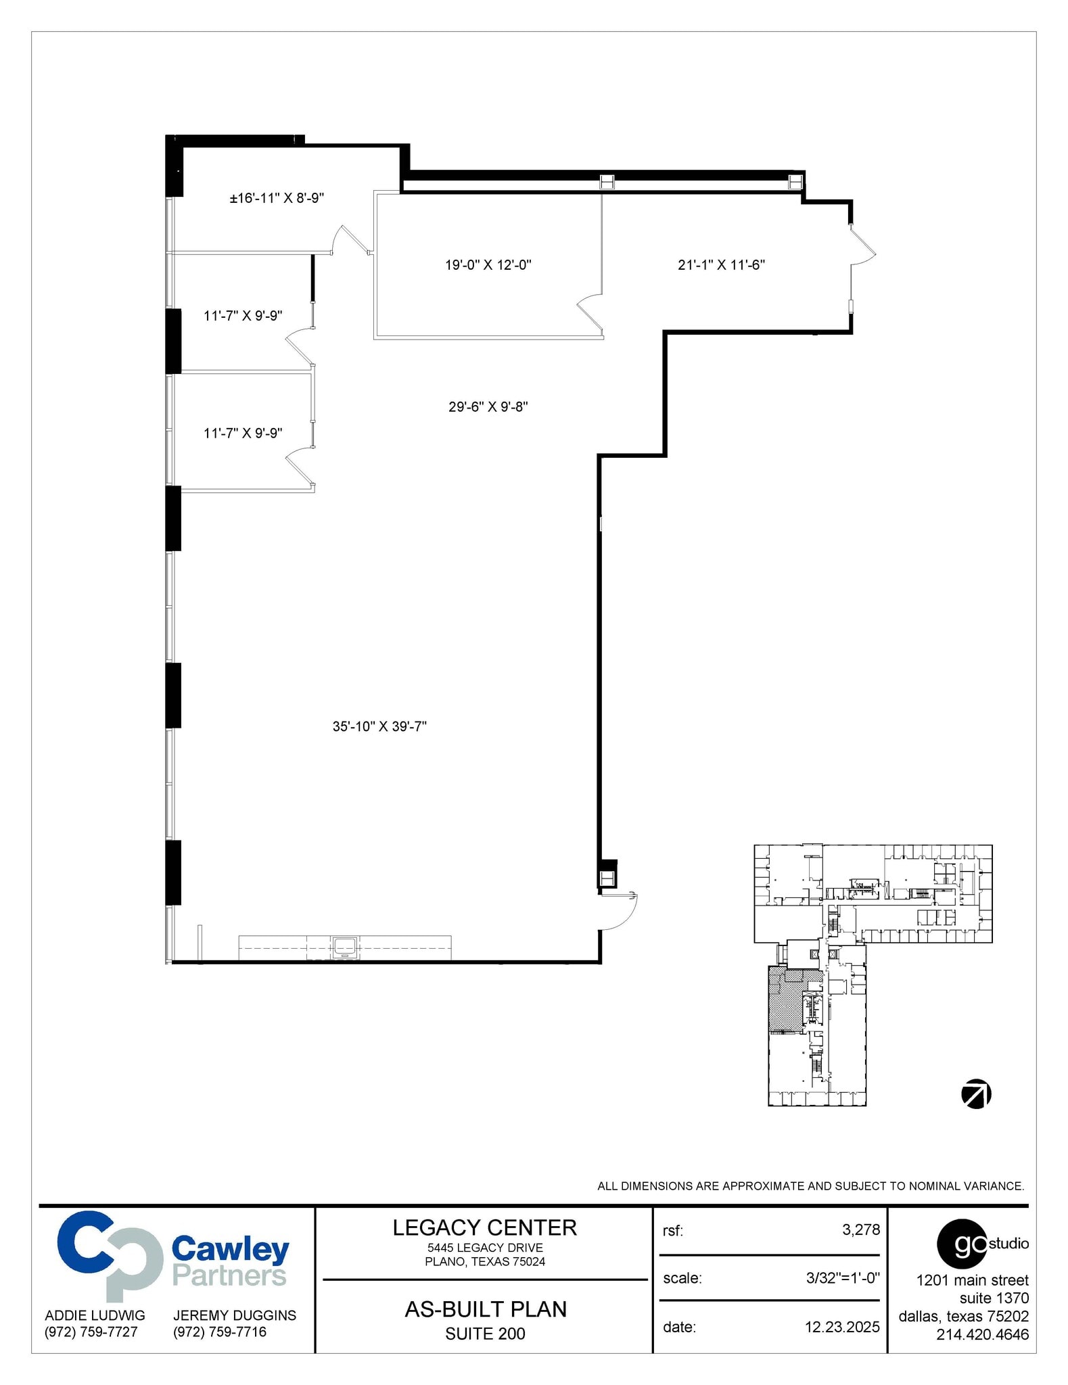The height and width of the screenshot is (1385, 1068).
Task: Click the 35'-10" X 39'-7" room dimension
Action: point(379,726)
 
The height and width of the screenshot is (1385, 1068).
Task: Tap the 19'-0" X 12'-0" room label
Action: point(488,265)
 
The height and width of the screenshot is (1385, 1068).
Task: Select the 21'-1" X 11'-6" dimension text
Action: point(721,265)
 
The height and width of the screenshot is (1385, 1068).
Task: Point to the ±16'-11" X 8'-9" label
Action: point(277,198)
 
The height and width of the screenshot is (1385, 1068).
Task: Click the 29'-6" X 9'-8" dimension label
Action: point(488,407)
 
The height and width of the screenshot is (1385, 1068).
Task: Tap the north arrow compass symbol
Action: point(976,1094)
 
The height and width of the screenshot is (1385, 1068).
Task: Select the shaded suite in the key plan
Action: point(785,1001)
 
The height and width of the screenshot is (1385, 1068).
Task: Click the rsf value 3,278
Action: point(860,1229)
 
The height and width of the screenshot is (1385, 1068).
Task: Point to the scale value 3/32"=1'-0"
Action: point(842,1278)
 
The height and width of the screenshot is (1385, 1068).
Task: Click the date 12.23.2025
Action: point(841,1327)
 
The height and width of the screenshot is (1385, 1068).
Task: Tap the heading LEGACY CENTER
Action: point(484,1227)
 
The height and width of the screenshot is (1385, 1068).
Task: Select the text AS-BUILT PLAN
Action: point(485,1309)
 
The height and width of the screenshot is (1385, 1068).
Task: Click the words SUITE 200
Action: point(485,1334)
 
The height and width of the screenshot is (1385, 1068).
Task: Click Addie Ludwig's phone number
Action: point(91,1332)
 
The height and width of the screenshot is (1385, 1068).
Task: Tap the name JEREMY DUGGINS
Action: point(234,1315)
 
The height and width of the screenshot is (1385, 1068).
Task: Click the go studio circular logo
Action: point(961,1244)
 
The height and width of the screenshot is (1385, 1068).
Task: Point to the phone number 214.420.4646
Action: point(982,1334)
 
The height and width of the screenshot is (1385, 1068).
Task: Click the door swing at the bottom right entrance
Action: point(619,912)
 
